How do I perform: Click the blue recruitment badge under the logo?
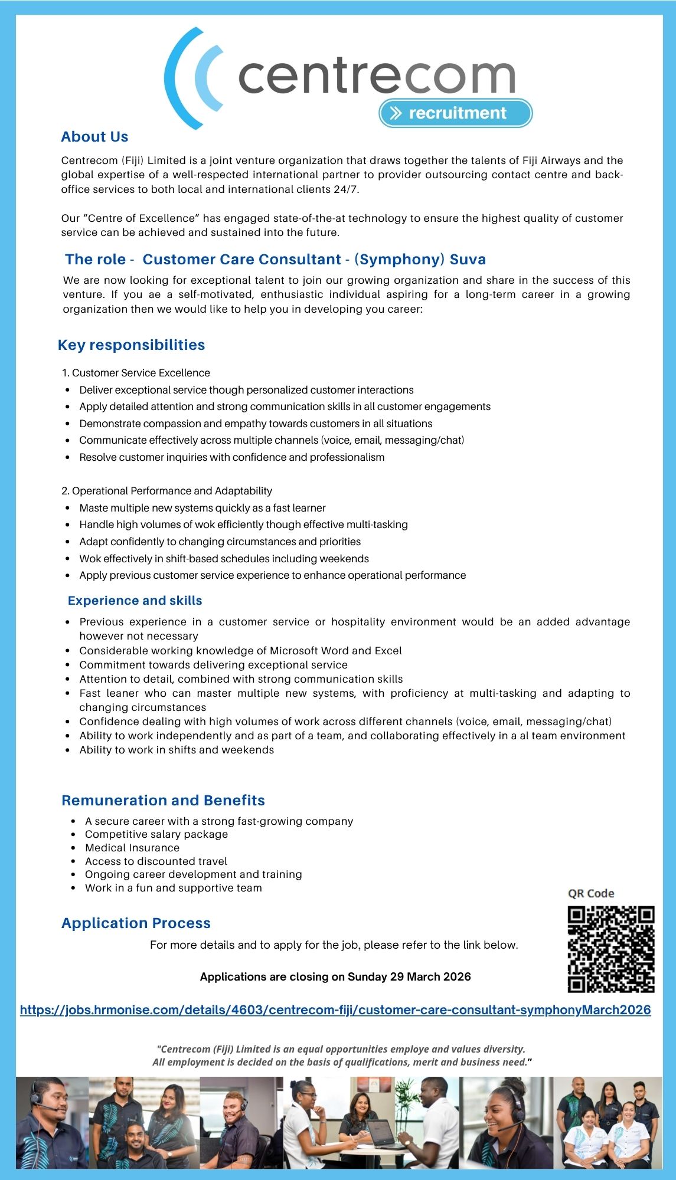455,113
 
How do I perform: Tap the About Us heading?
94,137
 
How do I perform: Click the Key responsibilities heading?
131,345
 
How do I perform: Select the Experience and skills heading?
135,601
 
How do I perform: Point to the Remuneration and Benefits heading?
163,801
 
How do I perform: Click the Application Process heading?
136,923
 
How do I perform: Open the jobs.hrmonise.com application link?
335,1010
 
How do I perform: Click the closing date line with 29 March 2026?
335,976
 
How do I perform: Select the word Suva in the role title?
468,260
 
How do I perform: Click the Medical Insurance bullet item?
132,848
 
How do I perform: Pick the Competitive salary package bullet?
156,834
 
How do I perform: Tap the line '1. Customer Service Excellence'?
136,373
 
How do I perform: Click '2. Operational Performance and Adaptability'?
167,491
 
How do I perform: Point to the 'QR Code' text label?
591,893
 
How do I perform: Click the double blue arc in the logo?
192,78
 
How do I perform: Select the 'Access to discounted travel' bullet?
156,861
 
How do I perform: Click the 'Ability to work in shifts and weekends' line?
177,750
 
